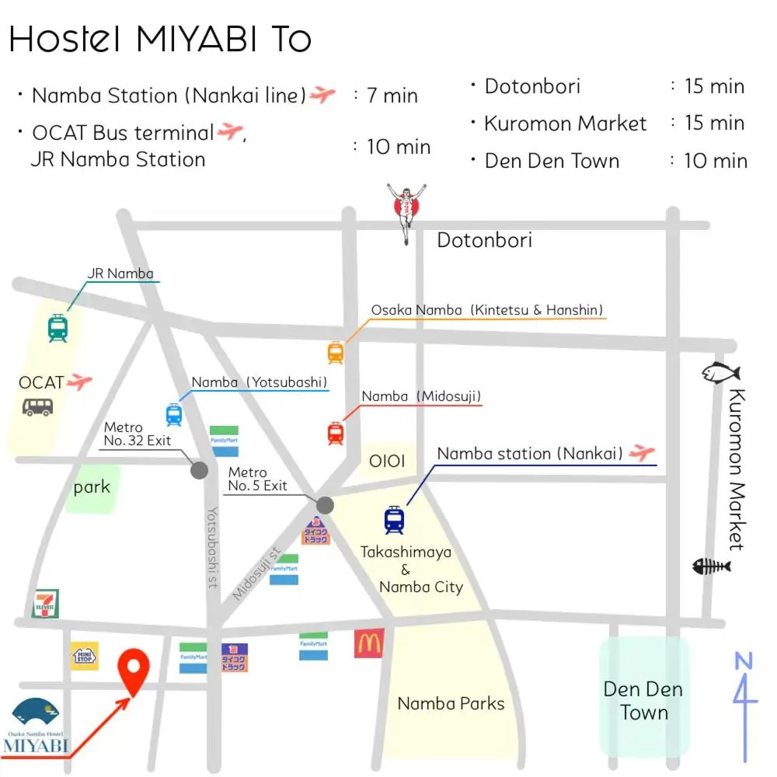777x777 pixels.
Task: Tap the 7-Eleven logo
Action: pyautogui.click(x=46, y=604)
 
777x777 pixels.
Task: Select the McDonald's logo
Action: pyautogui.click(x=369, y=643)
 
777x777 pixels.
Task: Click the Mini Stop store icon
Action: pyautogui.click(x=85, y=656)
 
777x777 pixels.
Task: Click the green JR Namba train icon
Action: pyautogui.click(x=57, y=328)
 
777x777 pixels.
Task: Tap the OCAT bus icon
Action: pyautogui.click(x=38, y=406)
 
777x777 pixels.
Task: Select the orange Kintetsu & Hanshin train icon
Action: pyautogui.click(x=335, y=353)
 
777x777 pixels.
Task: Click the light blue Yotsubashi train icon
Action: pyautogui.click(x=173, y=414)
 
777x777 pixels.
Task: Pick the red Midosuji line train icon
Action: pyautogui.click(x=335, y=433)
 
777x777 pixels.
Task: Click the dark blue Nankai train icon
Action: pyautogui.click(x=394, y=520)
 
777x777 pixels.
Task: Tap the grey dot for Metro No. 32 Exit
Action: pyautogui.click(x=200, y=469)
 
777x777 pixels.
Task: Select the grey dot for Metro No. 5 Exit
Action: pyautogui.click(x=325, y=505)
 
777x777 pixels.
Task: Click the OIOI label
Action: pyautogui.click(x=386, y=461)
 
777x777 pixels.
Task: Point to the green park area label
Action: pyautogui.click(x=92, y=487)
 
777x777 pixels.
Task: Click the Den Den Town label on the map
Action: pyautogui.click(x=643, y=700)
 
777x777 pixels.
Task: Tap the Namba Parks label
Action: pyautogui.click(x=451, y=703)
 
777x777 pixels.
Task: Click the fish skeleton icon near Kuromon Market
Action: pyautogui.click(x=711, y=566)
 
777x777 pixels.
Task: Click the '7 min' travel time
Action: pyautogui.click(x=392, y=96)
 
